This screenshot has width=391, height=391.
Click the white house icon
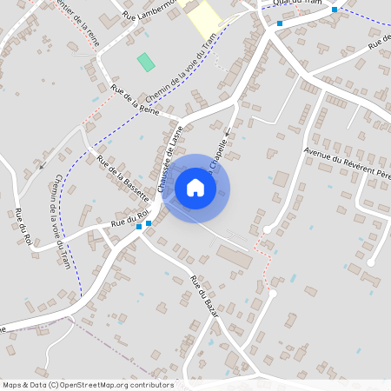[x=195, y=188]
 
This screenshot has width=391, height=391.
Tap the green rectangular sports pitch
[x=146, y=62]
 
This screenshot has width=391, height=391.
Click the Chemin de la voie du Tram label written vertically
[x=62, y=221]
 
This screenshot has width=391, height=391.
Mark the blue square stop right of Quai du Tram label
[x=335, y=10]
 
